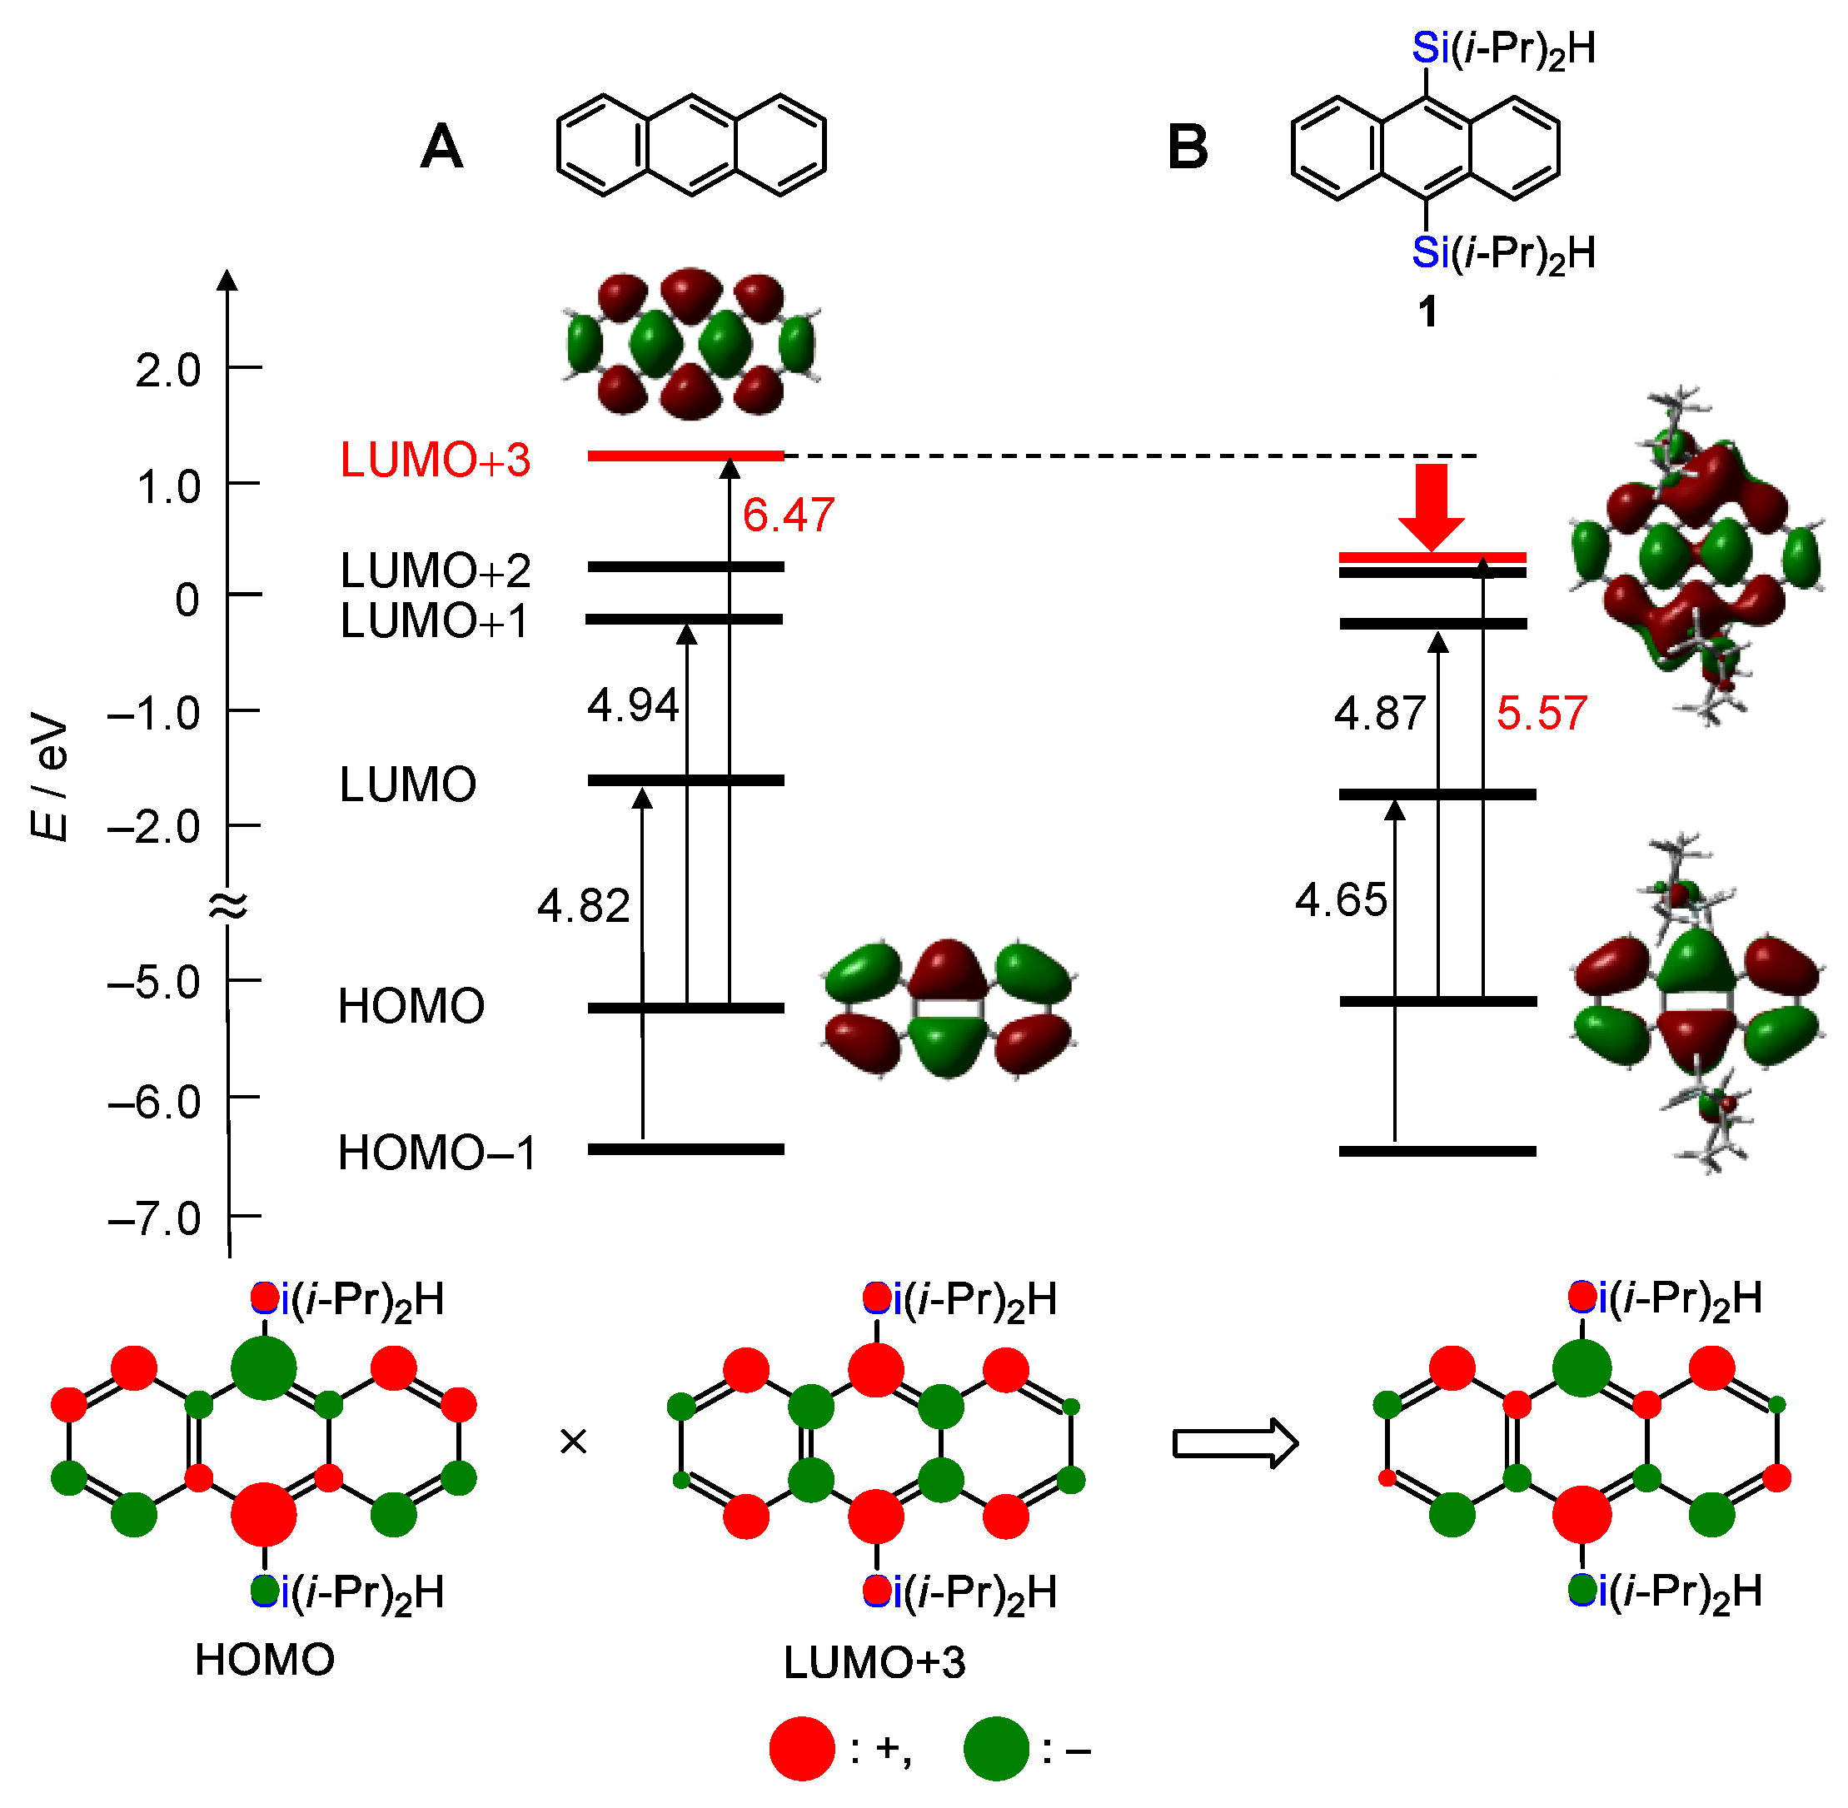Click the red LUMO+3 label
pyautogui.click(x=435, y=461)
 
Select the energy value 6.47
pyautogui.click(x=788, y=516)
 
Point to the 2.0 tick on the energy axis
pyautogui.click(x=168, y=371)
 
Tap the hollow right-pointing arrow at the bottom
pyautogui.click(x=1234, y=1443)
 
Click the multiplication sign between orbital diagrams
pyautogui.click(x=574, y=1442)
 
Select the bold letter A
pyautogui.click(x=441, y=148)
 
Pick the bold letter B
pyautogui.click(x=1187, y=149)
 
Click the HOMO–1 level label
pyautogui.click(x=437, y=1153)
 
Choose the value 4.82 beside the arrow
pyautogui.click(x=583, y=907)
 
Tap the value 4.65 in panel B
pyautogui.click(x=1341, y=900)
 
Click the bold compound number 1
pyautogui.click(x=1427, y=312)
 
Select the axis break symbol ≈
pyautogui.click(x=228, y=907)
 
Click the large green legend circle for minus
pyautogui.click(x=996, y=1748)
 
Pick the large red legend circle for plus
pyautogui.click(x=801, y=1748)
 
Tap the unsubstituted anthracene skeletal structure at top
pyautogui.click(x=691, y=145)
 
